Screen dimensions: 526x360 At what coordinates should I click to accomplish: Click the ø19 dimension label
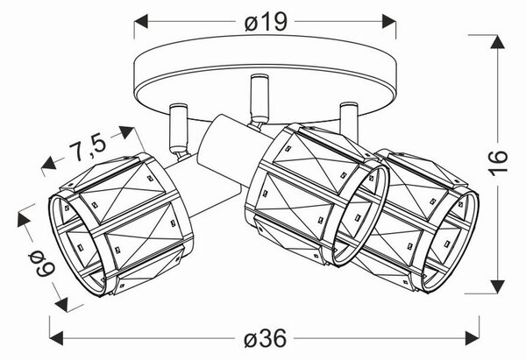pos(266,22)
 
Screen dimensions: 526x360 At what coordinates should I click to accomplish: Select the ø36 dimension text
pos(265,338)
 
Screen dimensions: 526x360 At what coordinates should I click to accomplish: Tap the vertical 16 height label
pos(498,164)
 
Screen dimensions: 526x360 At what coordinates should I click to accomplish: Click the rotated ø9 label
pos(41,265)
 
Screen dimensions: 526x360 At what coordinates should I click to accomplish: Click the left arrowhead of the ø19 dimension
pos(141,21)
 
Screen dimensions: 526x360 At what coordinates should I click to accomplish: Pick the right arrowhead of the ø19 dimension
pos(389,21)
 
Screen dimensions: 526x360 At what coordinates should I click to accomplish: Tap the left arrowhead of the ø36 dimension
pos(56,338)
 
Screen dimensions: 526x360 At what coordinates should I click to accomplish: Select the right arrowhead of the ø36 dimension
pos(473,338)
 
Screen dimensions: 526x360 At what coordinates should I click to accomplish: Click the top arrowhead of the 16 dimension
pos(498,41)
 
